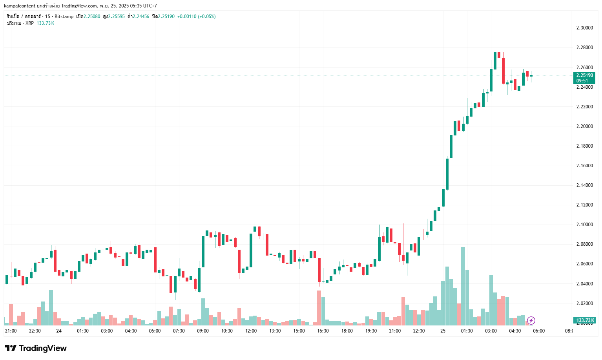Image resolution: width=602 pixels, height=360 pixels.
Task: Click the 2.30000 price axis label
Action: pyautogui.click(x=584, y=28)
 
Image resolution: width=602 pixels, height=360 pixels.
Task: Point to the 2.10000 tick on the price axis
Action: pyautogui.click(x=584, y=225)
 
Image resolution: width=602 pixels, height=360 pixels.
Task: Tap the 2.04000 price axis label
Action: pyautogui.click(x=584, y=283)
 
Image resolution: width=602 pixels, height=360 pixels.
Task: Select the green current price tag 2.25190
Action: pyautogui.click(x=584, y=75)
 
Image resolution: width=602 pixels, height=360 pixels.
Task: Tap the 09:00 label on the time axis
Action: pyautogui.click(x=203, y=331)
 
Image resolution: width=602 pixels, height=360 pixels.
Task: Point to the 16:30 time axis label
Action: pyautogui.click(x=323, y=331)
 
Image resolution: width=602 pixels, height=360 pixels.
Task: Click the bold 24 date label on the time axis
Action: pyautogui.click(x=59, y=331)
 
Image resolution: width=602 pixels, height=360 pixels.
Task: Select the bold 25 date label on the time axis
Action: pyautogui.click(x=443, y=331)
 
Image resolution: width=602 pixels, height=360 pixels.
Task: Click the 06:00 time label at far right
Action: pyautogui.click(x=539, y=331)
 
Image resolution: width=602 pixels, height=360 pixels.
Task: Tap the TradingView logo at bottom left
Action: pyautogui.click(x=36, y=348)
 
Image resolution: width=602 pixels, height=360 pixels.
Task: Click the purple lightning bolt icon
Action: pyautogui.click(x=531, y=320)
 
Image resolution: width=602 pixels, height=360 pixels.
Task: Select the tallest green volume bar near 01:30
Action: pyautogui.click(x=463, y=286)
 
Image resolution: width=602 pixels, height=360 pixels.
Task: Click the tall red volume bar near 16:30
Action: pyautogui.click(x=319, y=308)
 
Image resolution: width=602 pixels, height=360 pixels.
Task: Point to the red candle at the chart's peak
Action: pyautogui.click(x=499, y=55)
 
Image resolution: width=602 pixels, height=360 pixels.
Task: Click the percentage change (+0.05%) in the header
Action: pyautogui.click(x=206, y=16)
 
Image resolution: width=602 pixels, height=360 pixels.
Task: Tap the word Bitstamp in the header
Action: pyautogui.click(x=64, y=16)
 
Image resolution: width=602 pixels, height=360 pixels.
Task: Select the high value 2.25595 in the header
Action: pyautogui.click(x=116, y=16)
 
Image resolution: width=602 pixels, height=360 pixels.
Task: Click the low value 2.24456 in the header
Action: pyautogui.click(x=141, y=16)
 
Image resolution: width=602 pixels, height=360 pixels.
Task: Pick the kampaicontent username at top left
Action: pyautogui.click(x=20, y=6)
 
